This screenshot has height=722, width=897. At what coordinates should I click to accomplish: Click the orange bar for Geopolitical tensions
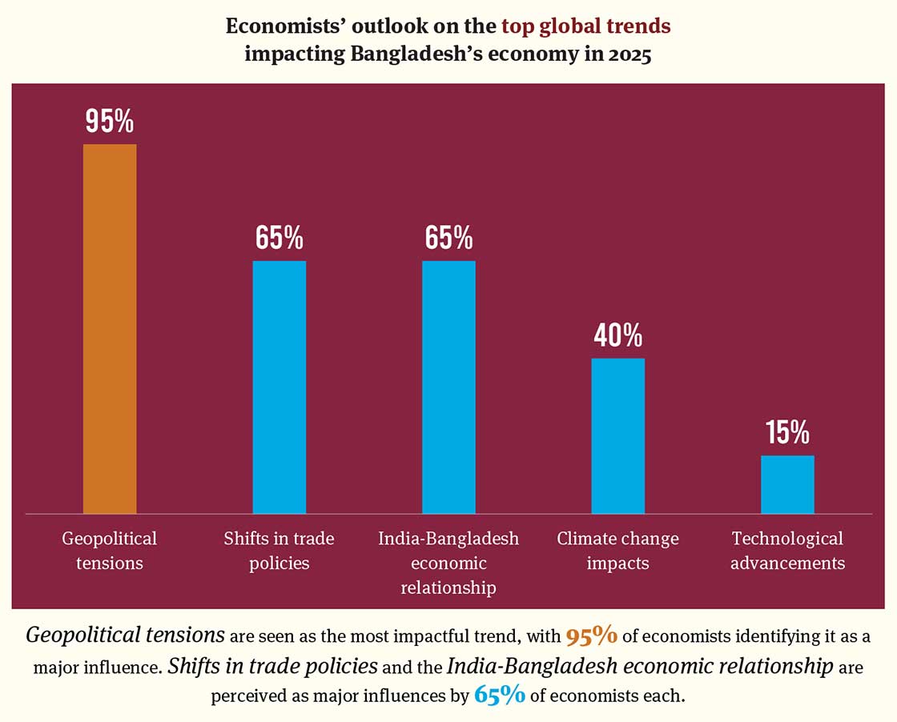pyautogui.click(x=110, y=328)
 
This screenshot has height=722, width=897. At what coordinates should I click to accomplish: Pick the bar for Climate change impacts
pyautogui.click(x=617, y=435)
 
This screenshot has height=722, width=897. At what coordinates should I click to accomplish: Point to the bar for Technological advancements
pyautogui.click(x=787, y=484)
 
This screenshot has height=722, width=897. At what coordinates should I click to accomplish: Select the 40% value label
pyautogui.click(x=617, y=335)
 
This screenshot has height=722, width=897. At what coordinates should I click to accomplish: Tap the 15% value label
pyautogui.click(x=787, y=432)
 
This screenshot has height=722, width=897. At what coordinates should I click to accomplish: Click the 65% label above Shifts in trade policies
pyautogui.click(x=280, y=238)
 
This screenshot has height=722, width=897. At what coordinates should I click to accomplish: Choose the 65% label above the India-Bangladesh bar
pyautogui.click(x=448, y=238)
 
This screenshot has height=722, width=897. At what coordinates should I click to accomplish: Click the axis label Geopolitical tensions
pyautogui.click(x=110, y=551)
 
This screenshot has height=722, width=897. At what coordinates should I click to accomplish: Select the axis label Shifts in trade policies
pyautogui.click(x=280, y=551)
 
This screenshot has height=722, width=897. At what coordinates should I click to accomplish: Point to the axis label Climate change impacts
pyautogui.click(x=617, y=551)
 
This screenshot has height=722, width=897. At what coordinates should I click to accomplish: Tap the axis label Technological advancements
pyautogui.click(x=787, y=551)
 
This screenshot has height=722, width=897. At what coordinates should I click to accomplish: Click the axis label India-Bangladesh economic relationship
pyautogui.click(x=448, y=563)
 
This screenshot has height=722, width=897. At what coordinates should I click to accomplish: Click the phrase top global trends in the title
pyautogui.click(x=585, y=26)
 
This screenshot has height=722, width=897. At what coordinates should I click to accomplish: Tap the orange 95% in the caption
pyautogui.click(x=591, y=636)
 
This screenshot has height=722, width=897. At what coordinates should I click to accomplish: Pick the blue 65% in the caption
pyautogui.click(x=500, y=694)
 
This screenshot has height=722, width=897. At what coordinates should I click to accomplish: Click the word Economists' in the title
pyautogui.click(x=280, y=26)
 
